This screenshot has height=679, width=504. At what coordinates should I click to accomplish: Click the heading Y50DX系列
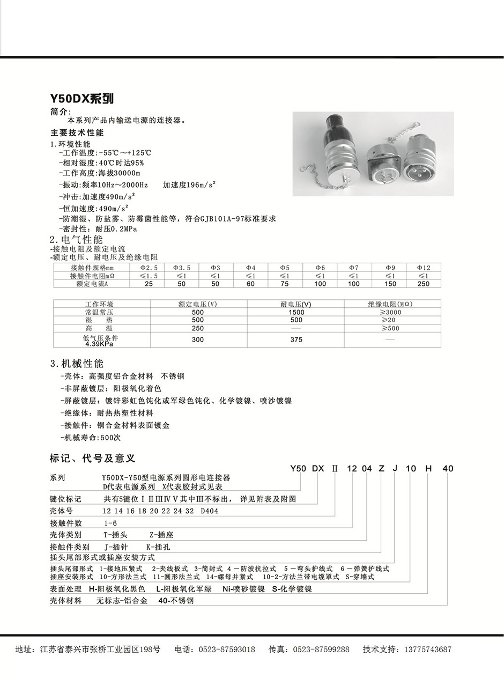[82, 99]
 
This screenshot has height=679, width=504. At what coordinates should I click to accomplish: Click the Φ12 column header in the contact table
[424, 268]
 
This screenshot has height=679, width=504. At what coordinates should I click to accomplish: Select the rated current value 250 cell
[424, 284]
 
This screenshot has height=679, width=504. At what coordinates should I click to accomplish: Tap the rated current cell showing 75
[285, 284]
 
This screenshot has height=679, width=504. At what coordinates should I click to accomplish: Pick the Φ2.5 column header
[149, 268]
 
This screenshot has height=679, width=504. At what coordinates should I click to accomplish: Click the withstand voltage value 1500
[296, 312]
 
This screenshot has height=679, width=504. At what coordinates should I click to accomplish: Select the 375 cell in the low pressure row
[296, 339]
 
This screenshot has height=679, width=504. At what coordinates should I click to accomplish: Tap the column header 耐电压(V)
[296, 304]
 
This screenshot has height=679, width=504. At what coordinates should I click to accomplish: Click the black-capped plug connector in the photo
[336, 150]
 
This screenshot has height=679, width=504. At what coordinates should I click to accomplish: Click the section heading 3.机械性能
[77, 364]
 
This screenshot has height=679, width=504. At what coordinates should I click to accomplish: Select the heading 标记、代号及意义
[92, 458]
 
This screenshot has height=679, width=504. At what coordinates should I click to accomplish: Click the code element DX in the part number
[318, 468]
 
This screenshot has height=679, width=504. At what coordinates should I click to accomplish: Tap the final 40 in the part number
[448, 468]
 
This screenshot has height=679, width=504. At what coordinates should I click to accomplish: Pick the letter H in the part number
[428, 468]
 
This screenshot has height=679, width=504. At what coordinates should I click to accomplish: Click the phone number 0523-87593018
[227, 650]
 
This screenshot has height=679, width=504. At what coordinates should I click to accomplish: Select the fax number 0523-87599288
[321, 650]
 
